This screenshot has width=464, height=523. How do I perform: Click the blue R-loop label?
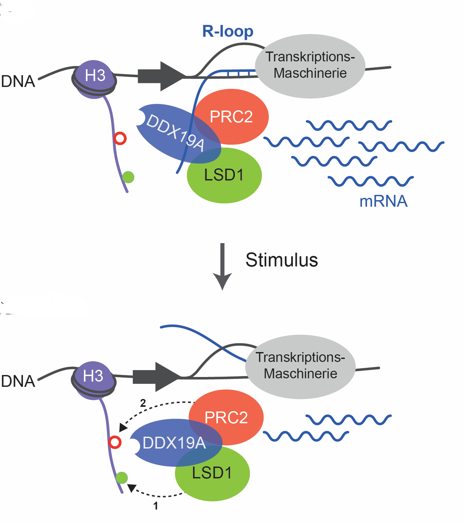click(228, 31)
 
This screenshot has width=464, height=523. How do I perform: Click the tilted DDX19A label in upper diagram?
click(175, 132)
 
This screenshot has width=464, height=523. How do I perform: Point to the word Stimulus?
click(281, 260)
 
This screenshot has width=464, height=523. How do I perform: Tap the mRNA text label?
click(383, 201)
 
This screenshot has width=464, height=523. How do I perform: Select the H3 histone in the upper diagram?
click(95, 75)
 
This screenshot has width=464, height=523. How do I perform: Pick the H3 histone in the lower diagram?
click(93, 376)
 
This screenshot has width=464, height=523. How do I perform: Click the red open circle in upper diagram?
click(120, 138)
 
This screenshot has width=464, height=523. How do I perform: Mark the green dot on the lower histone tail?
click(122, 478)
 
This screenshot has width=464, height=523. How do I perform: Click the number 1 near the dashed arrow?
click(156, 506)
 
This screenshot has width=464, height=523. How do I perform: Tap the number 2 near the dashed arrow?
click(143, 403)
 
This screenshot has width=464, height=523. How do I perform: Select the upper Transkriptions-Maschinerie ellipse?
click(310, 66)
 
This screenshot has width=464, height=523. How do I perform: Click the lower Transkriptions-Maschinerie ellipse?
click(300, 366)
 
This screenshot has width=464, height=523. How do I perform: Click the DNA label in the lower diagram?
click(18, 381)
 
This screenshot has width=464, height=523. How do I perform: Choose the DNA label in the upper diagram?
click(18, 81)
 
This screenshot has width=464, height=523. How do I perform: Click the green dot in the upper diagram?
click(128, 177)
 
